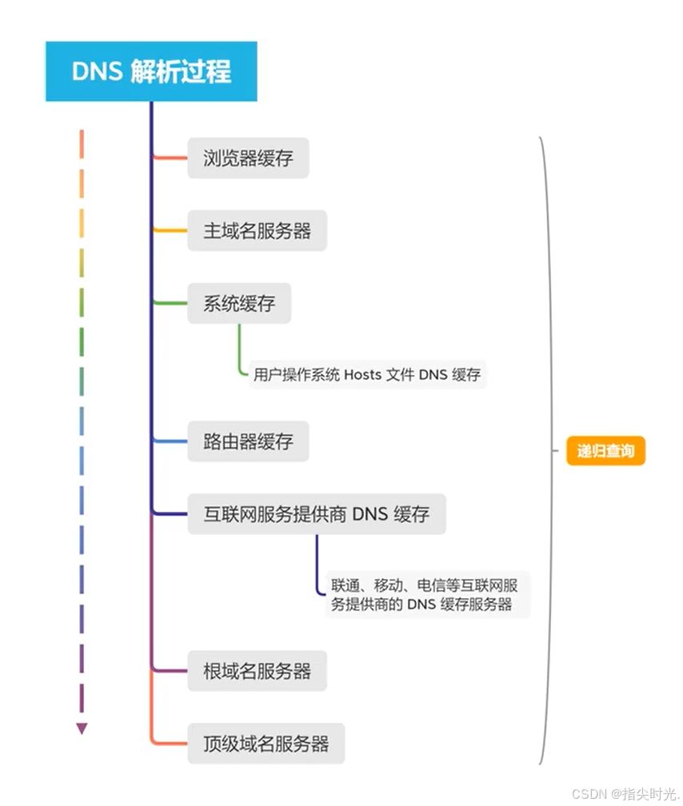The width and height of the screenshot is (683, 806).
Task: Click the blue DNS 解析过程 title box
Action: click(x=151, y=72)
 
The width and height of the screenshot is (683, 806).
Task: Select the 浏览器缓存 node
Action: click(x=248, y=158)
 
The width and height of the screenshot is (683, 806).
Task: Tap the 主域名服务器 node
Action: click(x=257, y=231)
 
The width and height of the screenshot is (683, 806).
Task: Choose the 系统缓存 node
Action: click(x=239, y=304)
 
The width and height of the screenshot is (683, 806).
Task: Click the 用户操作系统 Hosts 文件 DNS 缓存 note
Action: click(x=367, y=374)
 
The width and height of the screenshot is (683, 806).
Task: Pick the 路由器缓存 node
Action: click(x=248, y=441)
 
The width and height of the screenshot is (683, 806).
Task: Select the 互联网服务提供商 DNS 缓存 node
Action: click(x=316, y=513)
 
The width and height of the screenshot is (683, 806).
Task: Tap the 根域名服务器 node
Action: click(x=257, y=671)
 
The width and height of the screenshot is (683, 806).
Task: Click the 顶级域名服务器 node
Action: click(x=266, y=744)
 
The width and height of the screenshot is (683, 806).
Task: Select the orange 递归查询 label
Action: click(x=605, y=451)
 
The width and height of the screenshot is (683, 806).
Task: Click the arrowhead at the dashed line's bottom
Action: click(x=82, y=728)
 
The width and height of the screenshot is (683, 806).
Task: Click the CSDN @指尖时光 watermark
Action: click(x=625, y=792)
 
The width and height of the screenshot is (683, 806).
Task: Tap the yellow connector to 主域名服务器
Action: click(x=170, y=231)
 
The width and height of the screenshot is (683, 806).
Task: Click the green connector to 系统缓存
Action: click(x=170, y=304)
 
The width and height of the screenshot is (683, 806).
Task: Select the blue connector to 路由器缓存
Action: click(x=170, y=441)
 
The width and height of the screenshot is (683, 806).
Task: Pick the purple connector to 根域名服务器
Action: click(x=170, y=671)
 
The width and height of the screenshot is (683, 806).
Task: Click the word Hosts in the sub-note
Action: click(x=364, y=374)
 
